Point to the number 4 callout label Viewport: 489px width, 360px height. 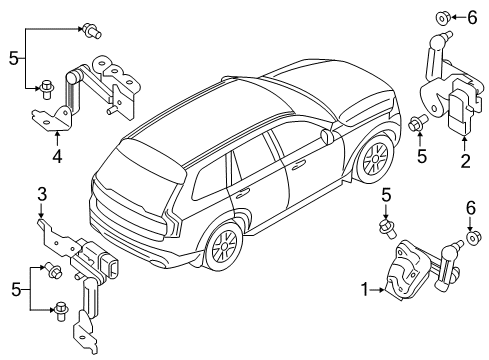pyautogui.click(x=58, y=156)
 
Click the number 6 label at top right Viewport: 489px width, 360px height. pyautogui.click(x=473, y=17)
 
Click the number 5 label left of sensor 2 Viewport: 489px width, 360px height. pyautogui.click(x=422, y=155)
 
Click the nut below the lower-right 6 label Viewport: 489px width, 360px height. pyautogui.click(x=473, y=239)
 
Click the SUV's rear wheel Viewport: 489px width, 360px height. pyautogui.click(x=224, y=245)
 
